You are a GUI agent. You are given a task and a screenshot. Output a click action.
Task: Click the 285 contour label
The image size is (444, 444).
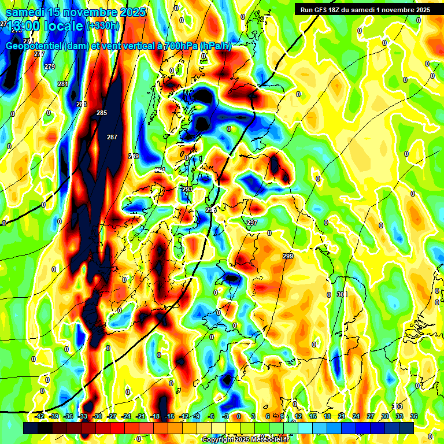pos(102,113)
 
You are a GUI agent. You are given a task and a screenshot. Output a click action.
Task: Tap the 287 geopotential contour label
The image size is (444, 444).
pos(112,137)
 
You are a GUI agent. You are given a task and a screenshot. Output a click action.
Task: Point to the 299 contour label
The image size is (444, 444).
pos(288,256)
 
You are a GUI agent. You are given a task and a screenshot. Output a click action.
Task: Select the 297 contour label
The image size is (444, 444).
pos(252,223)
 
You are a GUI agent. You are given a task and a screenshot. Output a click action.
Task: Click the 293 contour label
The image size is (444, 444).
pos(187,189)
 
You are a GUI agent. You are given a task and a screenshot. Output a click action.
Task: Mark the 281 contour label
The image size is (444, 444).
pos(63,84)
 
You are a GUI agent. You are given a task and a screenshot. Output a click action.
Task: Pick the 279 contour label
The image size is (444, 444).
pos(50,66)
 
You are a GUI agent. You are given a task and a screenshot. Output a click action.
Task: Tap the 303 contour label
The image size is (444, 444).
pos(397,406)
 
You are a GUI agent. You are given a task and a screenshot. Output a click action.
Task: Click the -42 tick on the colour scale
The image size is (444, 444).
pos(39,416)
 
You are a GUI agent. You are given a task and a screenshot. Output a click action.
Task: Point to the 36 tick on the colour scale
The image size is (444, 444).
pos(414,416)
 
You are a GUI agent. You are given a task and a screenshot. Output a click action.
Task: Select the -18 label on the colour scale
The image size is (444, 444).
pos(154,416)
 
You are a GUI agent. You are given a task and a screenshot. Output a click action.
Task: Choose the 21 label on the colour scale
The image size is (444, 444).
pos(342,416)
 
